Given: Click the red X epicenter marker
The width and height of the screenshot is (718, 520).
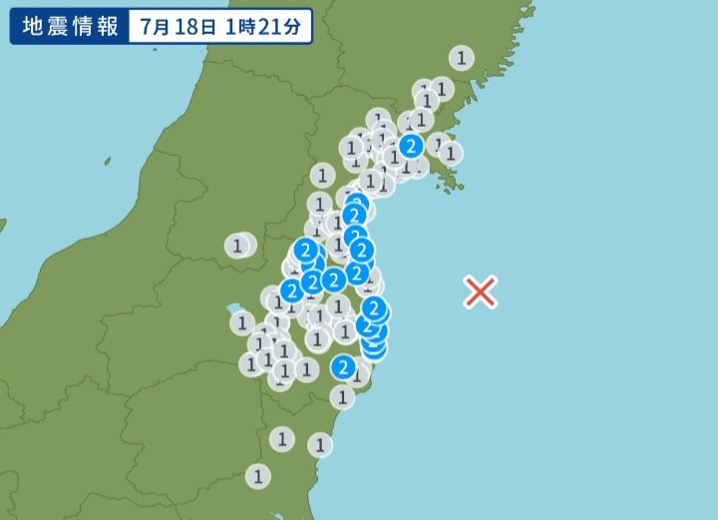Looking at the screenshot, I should click(481, 291).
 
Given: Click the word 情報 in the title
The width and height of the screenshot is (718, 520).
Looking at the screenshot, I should click(96, 25).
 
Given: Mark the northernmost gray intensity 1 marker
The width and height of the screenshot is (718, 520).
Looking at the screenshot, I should click(461, 58).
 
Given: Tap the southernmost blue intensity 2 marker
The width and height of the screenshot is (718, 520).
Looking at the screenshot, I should click(344, 367).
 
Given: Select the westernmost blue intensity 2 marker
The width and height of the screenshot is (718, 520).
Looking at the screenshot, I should click(291, 290).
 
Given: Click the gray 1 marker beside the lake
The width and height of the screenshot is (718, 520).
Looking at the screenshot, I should click(242, 322).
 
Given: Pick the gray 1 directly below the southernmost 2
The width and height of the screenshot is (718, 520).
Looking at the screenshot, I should click(343, 397).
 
